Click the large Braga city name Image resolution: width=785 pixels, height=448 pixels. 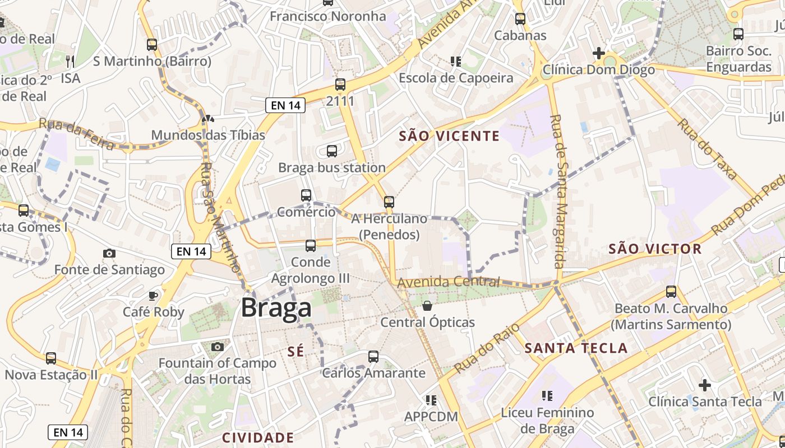(x=276, y=309)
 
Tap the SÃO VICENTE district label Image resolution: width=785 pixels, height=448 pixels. (x=449, y=136)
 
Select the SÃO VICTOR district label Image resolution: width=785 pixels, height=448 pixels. (x=655, y=249)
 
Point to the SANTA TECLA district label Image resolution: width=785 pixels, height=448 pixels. (x=576, y=348)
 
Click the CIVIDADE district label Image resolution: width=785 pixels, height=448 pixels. (x=258, y=437)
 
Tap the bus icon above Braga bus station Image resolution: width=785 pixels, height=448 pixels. (x=332, y=151)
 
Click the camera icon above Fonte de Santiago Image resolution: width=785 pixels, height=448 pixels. (x=109, y=254)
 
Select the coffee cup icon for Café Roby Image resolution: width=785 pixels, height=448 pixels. (x=153, y=296)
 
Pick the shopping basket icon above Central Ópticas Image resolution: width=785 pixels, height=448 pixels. (x=427, y=306)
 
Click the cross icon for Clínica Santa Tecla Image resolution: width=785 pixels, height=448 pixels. (x=705, y=385)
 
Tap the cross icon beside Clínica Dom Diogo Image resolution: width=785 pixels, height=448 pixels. (x=599, y=54)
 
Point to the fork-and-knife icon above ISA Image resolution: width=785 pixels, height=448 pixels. (x=70, y=61)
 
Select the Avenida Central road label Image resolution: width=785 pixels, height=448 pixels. (x=449, y=282)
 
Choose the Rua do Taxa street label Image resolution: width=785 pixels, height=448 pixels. (x=707, y=149)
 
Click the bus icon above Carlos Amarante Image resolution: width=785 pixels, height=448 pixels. (x=373, y=356)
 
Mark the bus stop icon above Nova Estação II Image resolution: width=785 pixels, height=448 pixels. (x=51, y=358)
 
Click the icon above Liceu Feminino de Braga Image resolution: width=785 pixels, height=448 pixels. (x=547, y=396)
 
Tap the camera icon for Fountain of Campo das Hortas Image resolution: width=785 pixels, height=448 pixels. (x=218, y=347)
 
